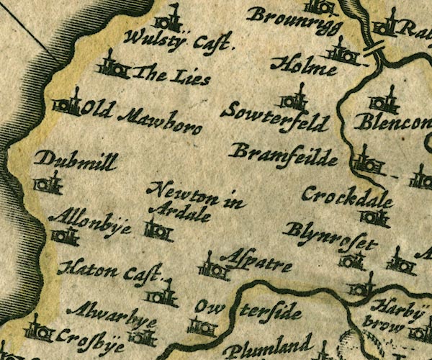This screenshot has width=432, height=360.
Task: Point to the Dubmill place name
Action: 75,162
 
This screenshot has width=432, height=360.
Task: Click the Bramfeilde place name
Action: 283,152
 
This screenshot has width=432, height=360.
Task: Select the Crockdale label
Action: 347,196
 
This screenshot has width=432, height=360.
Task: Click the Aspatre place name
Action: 257,263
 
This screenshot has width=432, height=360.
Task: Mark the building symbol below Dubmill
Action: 49,184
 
